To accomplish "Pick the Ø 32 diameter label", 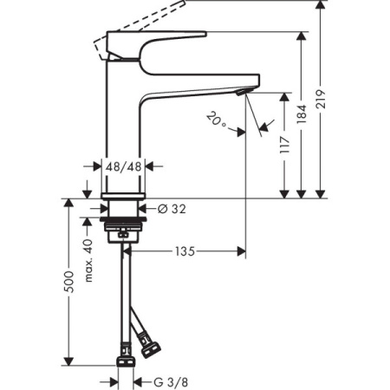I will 173,208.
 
